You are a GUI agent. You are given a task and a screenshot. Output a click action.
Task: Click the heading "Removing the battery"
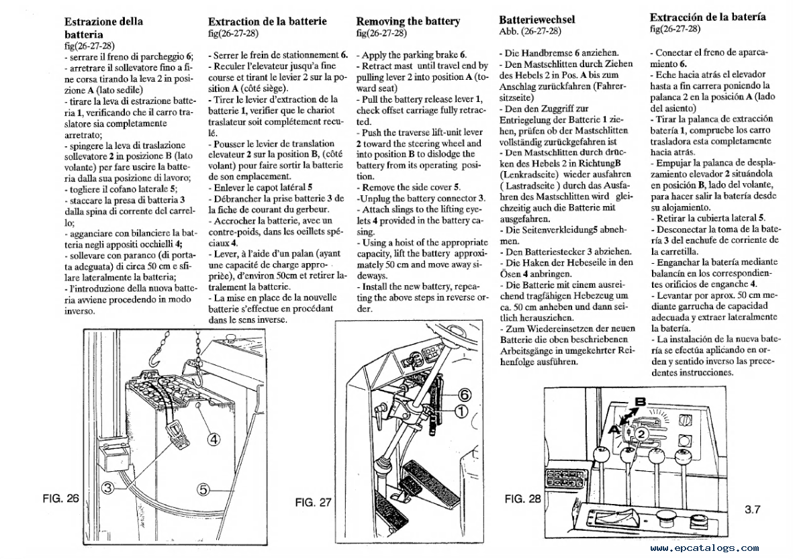(408, 21)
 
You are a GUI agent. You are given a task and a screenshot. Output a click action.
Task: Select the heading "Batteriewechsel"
(537, 19)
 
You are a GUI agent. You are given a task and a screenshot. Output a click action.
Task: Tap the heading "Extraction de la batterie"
(267, 21)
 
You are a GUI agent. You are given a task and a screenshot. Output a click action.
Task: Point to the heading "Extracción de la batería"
(708, 17)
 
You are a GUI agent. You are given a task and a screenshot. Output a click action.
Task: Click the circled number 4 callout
(214, 439)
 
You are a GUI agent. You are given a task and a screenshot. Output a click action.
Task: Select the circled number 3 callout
(107, 488)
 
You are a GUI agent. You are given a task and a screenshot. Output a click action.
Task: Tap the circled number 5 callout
(203, 489)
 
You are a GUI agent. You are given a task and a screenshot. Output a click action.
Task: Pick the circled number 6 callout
(465, 395)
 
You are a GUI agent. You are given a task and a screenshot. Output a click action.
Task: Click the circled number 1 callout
(461, 411)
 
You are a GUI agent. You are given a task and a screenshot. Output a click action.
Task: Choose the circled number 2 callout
(641, 434)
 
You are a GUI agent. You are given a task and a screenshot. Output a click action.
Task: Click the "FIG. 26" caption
(60, 498)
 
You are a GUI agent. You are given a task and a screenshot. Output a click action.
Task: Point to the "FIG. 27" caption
(313, 502)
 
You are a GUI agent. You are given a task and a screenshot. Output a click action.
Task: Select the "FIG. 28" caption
(522, 499)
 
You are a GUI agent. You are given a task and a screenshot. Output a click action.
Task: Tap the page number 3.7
(752, 509)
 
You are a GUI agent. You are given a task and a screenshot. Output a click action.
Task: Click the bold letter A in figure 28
(614, 429)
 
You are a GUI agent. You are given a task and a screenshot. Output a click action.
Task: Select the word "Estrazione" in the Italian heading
(90, 21)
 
